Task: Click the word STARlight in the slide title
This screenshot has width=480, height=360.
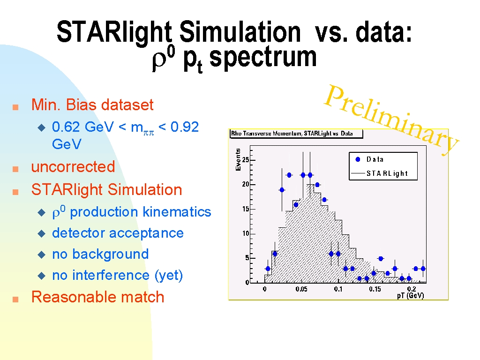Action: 114,32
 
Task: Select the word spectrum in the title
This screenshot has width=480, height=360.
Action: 263,58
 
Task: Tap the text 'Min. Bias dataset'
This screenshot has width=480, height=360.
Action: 92,105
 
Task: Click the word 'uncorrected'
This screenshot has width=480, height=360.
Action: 73,167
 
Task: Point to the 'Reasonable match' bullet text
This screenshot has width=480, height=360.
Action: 97,297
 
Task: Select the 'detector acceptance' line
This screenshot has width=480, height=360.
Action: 118,233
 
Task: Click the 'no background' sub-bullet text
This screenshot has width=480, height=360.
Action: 100,254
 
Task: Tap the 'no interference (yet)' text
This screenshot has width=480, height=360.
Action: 118,276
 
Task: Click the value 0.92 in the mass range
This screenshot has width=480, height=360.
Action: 185,127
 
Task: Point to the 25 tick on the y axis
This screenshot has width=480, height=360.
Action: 246,160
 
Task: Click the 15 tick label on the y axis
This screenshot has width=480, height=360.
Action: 246,209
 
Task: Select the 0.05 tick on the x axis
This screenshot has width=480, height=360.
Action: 301,289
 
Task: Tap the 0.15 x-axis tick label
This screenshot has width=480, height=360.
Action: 375,289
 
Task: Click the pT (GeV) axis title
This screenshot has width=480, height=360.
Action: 411,296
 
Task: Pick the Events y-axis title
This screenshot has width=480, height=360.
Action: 238,159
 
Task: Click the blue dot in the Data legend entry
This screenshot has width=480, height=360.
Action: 358,159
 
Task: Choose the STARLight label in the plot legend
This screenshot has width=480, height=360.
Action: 387,173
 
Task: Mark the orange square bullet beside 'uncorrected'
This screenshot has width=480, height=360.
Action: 15,169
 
